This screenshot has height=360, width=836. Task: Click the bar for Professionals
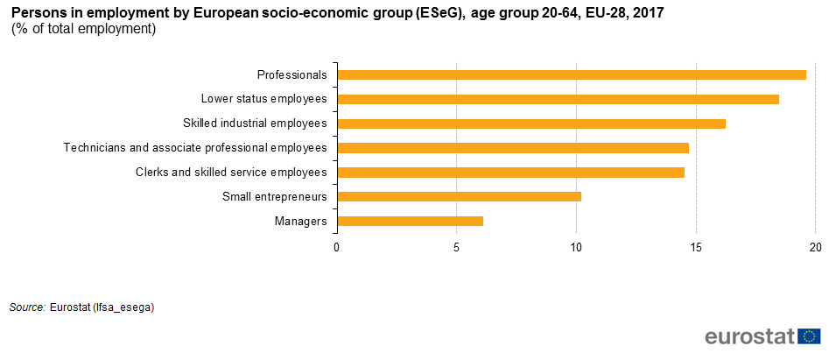click(x=572, y=74)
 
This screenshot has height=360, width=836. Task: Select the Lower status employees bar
click(x=559, y=99)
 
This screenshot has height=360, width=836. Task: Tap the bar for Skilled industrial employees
click(x=531, y=124)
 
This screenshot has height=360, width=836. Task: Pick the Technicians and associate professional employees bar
click(x=513, y=148)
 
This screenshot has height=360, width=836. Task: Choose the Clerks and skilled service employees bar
click(x=510, y=173)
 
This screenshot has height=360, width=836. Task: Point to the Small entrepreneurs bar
click(x=459, y=197)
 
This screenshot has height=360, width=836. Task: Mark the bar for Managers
click(x=410, y=222)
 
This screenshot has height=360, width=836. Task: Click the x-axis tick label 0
click(x=336, y=248)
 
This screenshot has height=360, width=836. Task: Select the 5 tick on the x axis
click(x=456, y=248)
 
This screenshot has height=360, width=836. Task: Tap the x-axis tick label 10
click(x=576, y=248)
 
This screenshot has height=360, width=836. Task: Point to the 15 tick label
click(x=696, y=248)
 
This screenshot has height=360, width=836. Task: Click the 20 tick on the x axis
click(x=815, y=248)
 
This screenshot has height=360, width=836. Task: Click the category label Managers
click(x=301, y=222)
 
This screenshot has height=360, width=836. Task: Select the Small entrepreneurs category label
click(x=275, y=197)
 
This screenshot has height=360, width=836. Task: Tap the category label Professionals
click(x=292, y=74)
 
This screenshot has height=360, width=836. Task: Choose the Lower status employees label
click(x=263, y=99)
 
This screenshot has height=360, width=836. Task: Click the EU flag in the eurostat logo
click(x=810, y=336)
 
